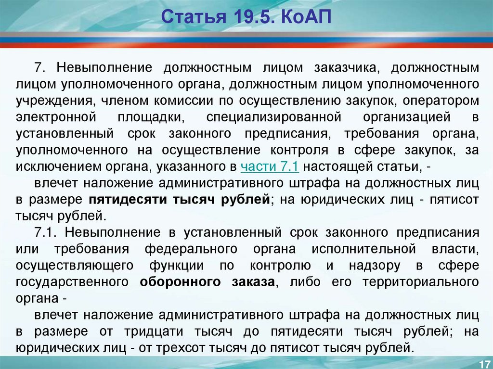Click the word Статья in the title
(194, 16)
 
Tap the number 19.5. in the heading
(254, 16)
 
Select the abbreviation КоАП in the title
(306, 16)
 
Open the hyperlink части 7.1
(270, 166)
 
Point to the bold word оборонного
(180, 281)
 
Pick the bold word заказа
(253, 281)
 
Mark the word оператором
(441, 101)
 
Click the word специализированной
(273, 117)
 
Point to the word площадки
(151, 117)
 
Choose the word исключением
(58, 166)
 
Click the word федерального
(191, 249)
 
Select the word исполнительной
(364, 249)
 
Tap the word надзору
(375, 265)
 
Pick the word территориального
(421, 281)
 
